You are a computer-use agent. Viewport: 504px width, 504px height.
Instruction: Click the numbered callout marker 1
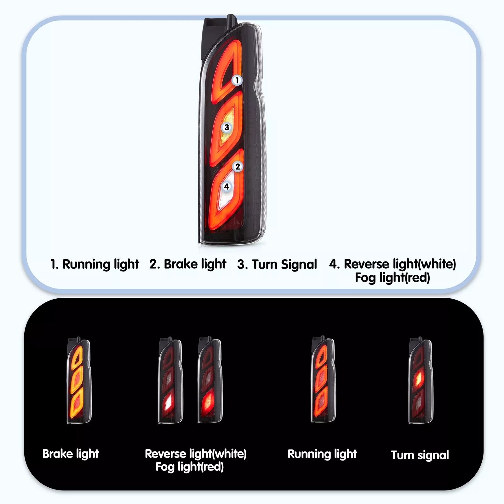pyautogui.click(x=237, y=80)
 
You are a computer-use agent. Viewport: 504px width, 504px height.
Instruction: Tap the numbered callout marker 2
pyautogui.click(x=238, y=166)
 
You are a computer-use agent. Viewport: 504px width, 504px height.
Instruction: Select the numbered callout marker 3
pyautogui.click(x=226, y=128)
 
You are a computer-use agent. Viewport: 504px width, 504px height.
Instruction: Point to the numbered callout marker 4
pyautogui.click(x=226, y=186)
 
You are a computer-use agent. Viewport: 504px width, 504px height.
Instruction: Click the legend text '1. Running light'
pyautogui.click(x=94, y=264)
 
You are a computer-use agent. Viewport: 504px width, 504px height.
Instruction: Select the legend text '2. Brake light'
pyautogui.click(x=188, y=264)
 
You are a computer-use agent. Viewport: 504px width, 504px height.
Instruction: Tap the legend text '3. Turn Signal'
pyautogui.click(x=277, y=264)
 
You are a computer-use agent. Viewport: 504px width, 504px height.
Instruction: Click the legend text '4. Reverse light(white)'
pyautogui.click(x=392, y=264)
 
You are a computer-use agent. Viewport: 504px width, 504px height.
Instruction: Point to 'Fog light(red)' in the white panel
pyautogui.click(x=392, y=278)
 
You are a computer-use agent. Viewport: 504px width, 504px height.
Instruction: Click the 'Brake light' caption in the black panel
pyautogui.click(x=71, y=454)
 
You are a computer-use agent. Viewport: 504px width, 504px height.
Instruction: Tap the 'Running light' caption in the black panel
pyautogui.click(x=322, y=454)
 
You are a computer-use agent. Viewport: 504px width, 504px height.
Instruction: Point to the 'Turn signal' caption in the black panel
pyautogui.click(x=420, y=455)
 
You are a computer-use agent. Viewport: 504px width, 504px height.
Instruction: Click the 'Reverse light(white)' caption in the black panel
pyautogui.click(x=196, y=454)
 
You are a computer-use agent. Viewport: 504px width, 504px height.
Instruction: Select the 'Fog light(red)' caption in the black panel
pyautogui.click(x=190, y=467)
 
